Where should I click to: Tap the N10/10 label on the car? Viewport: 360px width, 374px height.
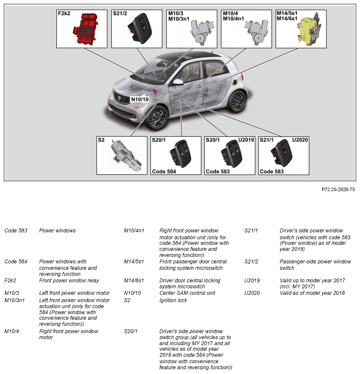pyautogui.click(x=140, y=99)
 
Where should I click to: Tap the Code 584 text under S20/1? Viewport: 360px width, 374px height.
pyautogui.click(x=164, y=171)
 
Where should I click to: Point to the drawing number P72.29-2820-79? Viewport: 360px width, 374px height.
pyautogui.click(x=338, y=189)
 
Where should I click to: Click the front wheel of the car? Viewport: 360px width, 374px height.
pyautogui.click(x=157, y=117)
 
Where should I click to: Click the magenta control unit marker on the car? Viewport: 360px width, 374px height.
pyautogui.click(x=155, y=92)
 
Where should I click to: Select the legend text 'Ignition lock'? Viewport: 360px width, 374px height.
pyautogui.click(x=173, y=300)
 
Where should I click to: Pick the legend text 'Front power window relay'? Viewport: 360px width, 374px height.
pyautogui.click(x=69, y=281)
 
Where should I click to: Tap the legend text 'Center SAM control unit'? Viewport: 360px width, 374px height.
pyautogui.click(x=187, y=293)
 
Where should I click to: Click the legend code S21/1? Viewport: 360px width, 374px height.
pyautogui.click(x=251, y=231)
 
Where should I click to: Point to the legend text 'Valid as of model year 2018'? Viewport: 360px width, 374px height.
pyautogui.click(x=312, y=293)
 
